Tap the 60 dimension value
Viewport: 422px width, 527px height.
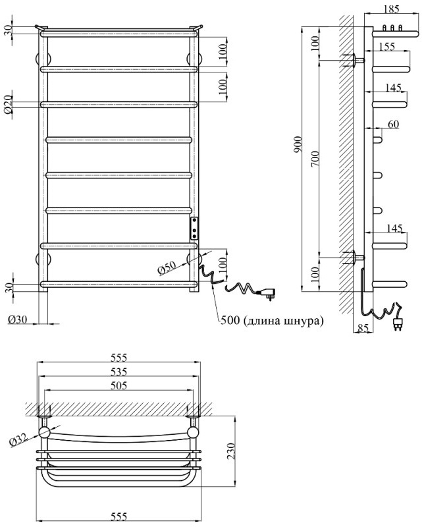tap(393, 123)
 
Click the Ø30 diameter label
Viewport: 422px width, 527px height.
tap(18, 320)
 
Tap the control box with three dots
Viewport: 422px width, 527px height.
tap(194, 228)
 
